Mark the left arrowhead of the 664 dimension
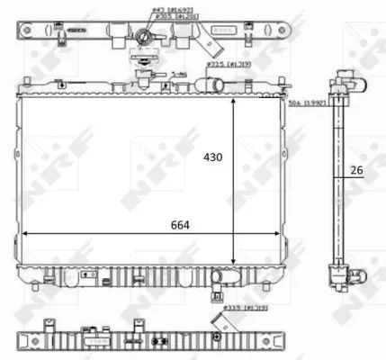click(24, 233)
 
